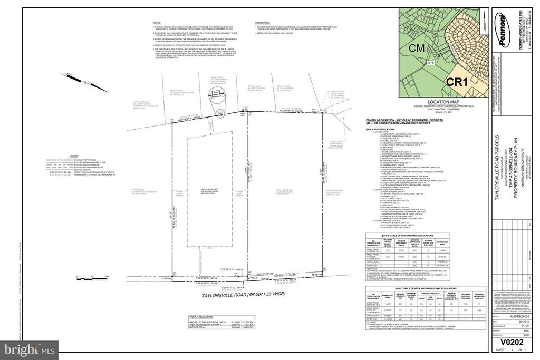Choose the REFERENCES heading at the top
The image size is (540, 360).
263,23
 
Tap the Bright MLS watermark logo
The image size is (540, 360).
29,347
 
